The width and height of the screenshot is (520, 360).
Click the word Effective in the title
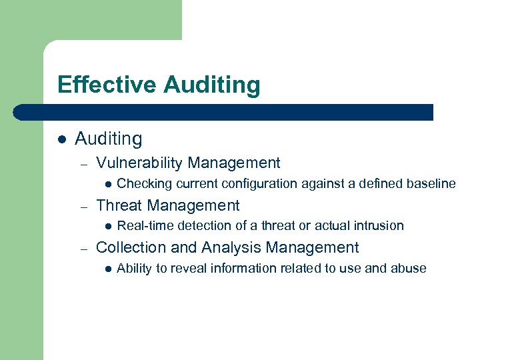coord(107,85)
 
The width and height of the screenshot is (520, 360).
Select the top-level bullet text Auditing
coord(109,139)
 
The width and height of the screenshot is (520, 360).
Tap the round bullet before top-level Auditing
coord(62,139)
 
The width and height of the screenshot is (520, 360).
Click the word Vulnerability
coord(139,163)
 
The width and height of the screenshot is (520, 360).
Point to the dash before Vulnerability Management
coord(83,163)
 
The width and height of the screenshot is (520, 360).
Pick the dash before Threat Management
coord(83,206)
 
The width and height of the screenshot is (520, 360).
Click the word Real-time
coord(141,225)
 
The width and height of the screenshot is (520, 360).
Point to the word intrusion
coord(379,225)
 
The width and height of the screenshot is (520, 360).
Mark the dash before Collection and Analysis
coord(83,248)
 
